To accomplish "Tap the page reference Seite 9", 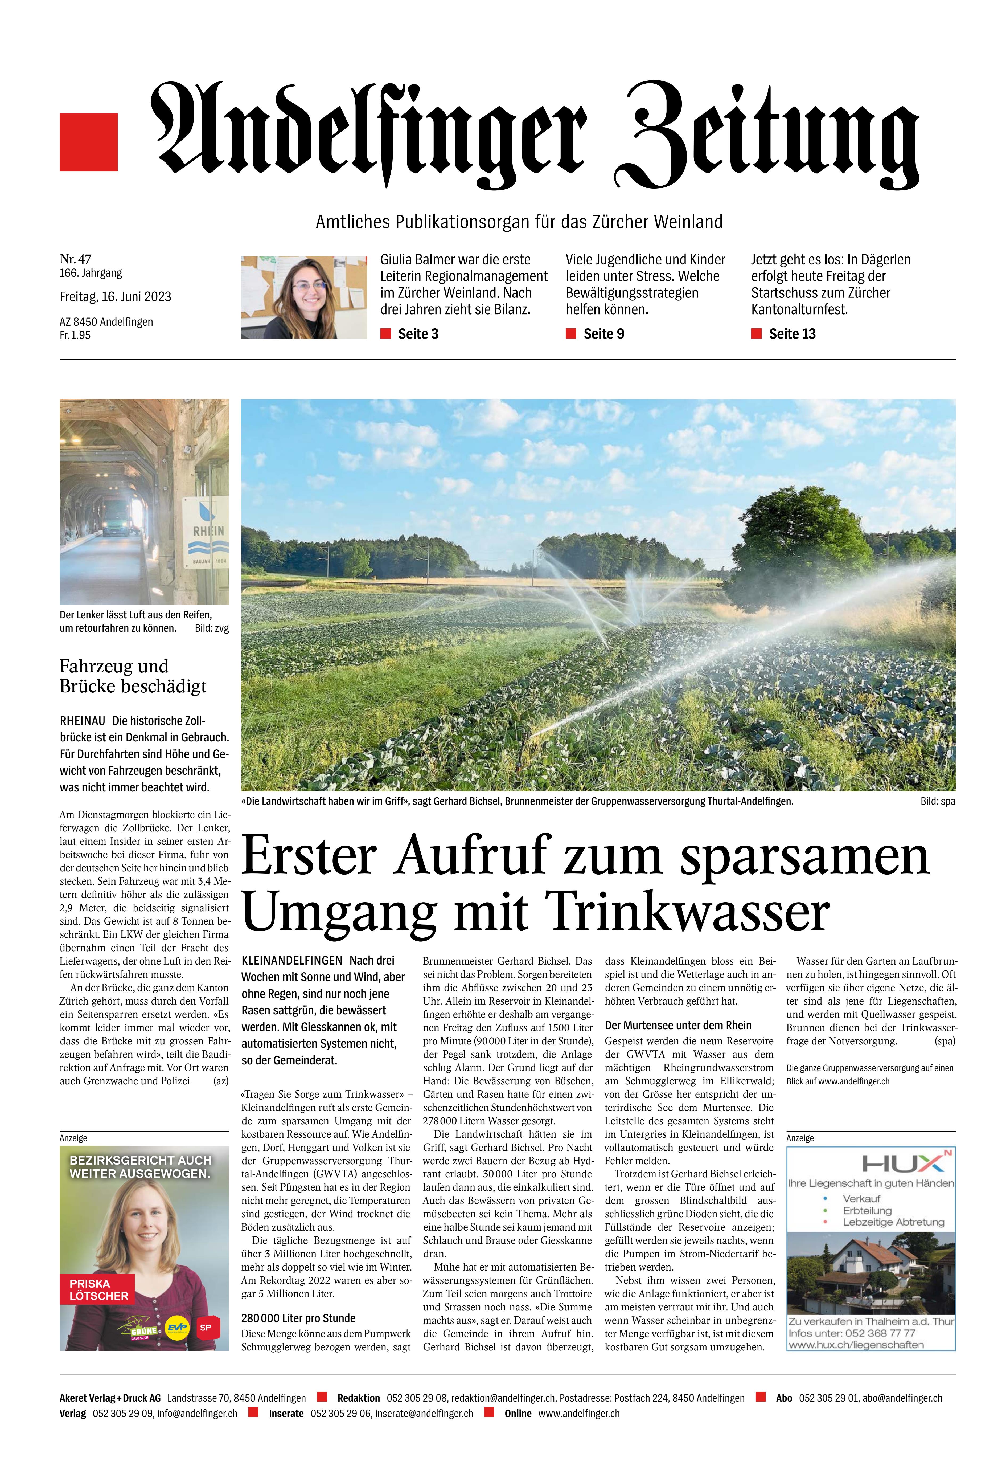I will (603, 334).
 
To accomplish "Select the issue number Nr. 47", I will (75, 259).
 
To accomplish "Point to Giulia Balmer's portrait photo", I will (304, 297).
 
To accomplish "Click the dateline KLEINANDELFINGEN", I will (291, 960).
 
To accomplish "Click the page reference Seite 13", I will (792, 334).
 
